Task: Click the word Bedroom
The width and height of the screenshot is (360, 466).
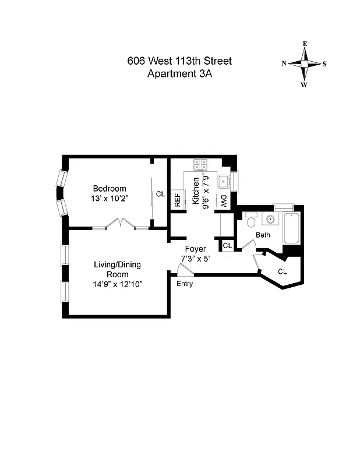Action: (x=110, y=189)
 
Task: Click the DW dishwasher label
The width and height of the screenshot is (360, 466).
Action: (x=223, y=201)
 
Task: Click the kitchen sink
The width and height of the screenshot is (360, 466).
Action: (x=223, y=182)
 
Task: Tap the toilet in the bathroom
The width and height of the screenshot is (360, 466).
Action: (x=251, y=221)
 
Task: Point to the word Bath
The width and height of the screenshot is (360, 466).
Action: (x=263, y=235)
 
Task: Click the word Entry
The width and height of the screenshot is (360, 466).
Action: (x=185, y=284)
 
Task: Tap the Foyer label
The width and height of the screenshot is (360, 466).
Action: (x=195, y=249)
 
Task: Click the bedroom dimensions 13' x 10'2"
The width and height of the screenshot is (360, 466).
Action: (x=110, y=199)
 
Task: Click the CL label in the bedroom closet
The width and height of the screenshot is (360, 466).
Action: (x=160, y=195)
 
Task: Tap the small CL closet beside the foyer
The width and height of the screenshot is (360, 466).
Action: (x=227, y=246)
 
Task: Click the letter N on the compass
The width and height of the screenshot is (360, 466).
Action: (x=284, y=64)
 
